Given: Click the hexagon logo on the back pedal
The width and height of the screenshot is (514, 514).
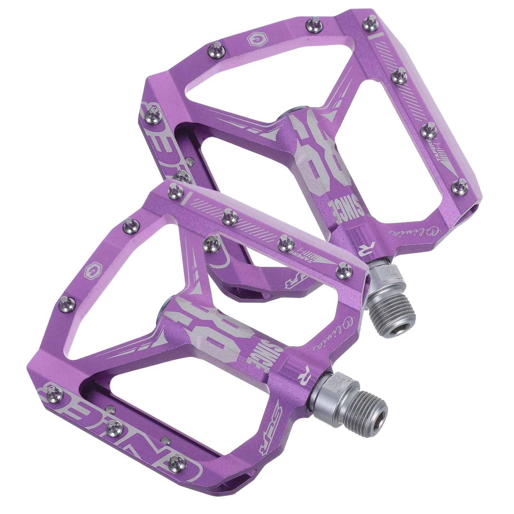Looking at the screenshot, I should (254, 39).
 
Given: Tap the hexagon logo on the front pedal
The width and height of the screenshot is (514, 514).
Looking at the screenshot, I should (92, 272).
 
